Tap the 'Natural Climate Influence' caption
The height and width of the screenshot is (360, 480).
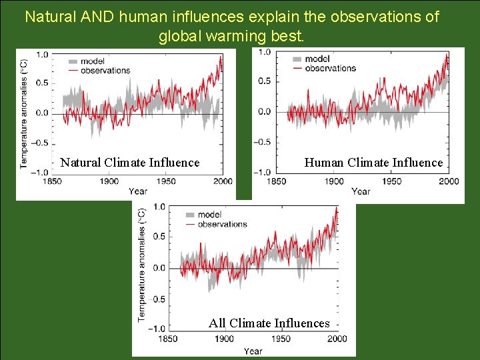click(x=130, y=163)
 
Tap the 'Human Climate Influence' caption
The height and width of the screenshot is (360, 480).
click(x=373, y=163)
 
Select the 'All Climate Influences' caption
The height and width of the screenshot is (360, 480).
click(x=269, y=323)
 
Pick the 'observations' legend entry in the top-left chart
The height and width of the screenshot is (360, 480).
click(x=105, y=71)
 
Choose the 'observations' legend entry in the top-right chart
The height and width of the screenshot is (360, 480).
click(x=331, y=68)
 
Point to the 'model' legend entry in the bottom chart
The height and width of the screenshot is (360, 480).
click(x=209, y=215)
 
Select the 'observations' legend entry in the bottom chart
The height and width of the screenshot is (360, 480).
click(x=223, y=224)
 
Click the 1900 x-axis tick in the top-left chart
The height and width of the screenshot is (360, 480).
click(x=109, y=181)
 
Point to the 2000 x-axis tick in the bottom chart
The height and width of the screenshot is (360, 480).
click(x=338, y=339)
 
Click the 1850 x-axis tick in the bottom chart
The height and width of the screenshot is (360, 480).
click(x=169, y=339)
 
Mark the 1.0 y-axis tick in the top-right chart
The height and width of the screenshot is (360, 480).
click(x=265, y=52)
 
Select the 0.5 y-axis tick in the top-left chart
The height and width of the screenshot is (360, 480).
click(x=41, y=83)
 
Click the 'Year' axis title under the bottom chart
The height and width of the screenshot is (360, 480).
click(x=253, y=351)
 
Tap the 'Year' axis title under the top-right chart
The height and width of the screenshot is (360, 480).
click(x=361, y=191)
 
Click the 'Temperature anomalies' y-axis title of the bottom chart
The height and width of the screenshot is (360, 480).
click(x=142, y=265)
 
